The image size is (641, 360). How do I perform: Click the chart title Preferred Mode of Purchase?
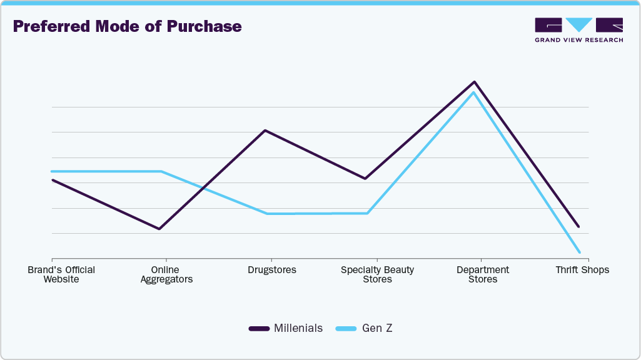click(127, 27)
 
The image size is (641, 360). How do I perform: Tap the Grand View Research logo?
click(578, 29)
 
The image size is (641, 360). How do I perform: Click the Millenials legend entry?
click(286, 328)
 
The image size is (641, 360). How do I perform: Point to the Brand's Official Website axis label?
click(61, 274)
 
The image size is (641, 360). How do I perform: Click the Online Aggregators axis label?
click(166, 274)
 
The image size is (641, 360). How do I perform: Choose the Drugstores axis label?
click(272, 270)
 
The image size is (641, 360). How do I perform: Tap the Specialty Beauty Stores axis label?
click(377, 274)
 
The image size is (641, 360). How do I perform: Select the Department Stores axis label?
click(483, 274)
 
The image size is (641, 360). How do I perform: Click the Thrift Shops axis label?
click(582, 270)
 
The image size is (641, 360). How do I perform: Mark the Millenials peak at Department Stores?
click(475, 82)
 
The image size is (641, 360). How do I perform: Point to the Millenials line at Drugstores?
click(266, 131)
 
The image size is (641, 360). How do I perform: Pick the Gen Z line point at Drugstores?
click(268, 214)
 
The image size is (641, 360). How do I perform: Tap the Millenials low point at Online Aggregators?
click(159, 229)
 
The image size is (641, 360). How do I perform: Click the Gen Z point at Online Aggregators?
click(161, 171)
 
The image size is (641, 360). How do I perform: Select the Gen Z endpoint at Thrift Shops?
click(580, 252)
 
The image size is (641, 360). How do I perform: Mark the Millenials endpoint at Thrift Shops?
click(578, 226)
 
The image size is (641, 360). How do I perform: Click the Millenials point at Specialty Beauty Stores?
click(365, 179)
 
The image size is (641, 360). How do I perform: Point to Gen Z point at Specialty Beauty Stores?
click(368, 213)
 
